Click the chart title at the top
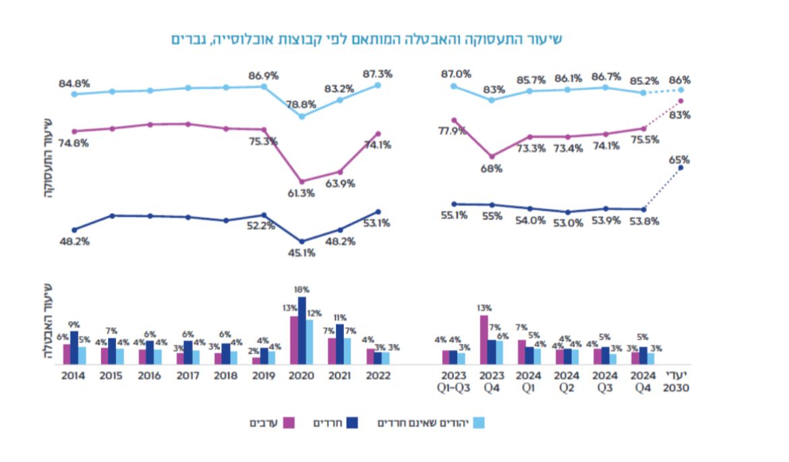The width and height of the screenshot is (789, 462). (x=366, y=39)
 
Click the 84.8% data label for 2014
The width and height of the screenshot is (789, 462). (x=75, y=84)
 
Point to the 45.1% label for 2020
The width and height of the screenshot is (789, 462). (x=301, y=253)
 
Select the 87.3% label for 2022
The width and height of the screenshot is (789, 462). (x=377, y=74)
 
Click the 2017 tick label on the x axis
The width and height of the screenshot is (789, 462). (x=188, y=375)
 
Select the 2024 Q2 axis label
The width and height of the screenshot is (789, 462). (x=567, y=381)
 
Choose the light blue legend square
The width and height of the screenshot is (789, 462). (x=479, y=423)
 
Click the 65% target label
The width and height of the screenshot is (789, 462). (x=680, y=160)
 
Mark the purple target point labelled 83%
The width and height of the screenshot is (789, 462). (x=680, y=101)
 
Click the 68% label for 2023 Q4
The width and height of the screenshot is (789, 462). (x=492, y=169)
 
